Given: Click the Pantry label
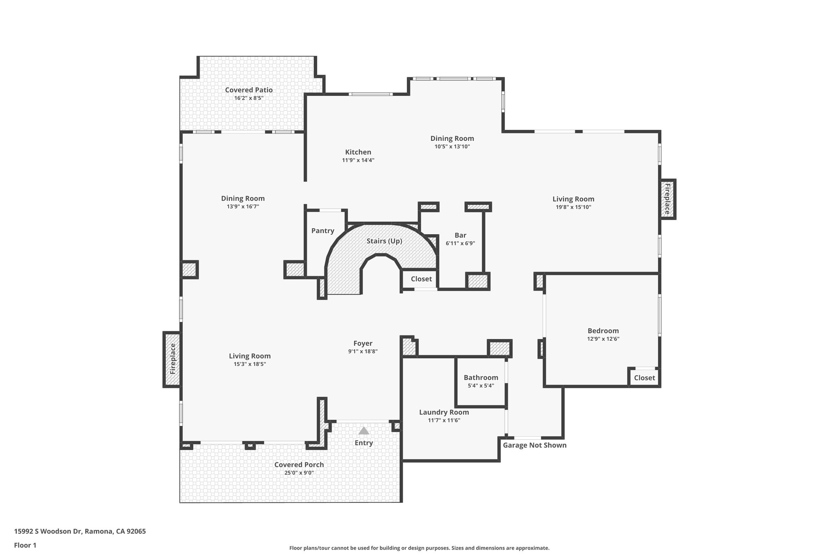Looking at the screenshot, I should tap(322, 231).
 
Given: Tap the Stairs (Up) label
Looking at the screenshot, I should tap(384, 241).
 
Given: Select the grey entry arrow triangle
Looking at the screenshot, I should tap(363, 431).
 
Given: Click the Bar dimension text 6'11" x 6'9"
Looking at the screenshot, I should tap(460, 243).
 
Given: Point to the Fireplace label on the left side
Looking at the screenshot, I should tap(172, 359).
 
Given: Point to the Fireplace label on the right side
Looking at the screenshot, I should tap(667, 199).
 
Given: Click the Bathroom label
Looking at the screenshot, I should tap(481, 378).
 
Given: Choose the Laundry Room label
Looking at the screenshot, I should tap(444, 412).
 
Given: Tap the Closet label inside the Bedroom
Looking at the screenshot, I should tap(644, 378).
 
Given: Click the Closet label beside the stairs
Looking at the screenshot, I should tap(421, 279).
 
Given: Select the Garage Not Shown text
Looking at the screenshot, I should tap(534, 445).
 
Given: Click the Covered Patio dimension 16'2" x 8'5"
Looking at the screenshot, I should tap(248, 98).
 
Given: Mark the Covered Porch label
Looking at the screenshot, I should tap(299, 464).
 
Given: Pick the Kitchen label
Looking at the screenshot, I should tap(358, 152).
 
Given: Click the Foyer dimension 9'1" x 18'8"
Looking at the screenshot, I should tap(363, 351).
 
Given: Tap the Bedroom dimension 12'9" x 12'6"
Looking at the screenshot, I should tap(603, 339).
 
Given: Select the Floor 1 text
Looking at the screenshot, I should tap(25, 545).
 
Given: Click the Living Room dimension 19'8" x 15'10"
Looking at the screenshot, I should tap(573, 207).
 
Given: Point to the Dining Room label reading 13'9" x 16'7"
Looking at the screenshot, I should tap(243, 199).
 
